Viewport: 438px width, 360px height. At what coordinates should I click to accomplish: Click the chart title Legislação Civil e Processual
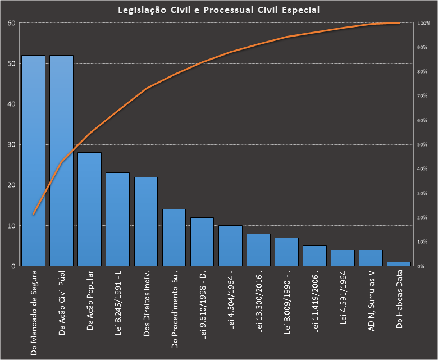click(220, 10)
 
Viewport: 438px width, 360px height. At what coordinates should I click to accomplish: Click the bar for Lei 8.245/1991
click(117, 219)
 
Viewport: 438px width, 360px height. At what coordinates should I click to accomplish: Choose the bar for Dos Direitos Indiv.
click(145, 221)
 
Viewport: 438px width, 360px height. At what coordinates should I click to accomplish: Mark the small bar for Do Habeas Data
click(399, 263)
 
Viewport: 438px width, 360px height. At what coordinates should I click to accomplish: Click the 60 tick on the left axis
click(11, 23)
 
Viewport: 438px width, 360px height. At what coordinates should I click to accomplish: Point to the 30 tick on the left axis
click(11, 144)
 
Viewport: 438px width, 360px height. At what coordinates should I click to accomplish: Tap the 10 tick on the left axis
click(11, 226)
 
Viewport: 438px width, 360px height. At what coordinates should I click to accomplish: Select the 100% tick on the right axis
click(424, 24)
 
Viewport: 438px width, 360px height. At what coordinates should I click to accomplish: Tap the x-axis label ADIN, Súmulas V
click(371, 299)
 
